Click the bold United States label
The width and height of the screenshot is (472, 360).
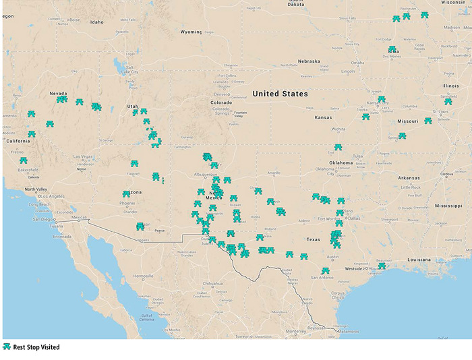click(280, 94)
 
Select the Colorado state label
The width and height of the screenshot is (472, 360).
click(222, 102)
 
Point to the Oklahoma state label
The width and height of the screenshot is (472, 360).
click(341, 162)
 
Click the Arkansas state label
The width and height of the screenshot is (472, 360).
click(408, 178)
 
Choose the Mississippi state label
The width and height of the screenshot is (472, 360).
click(448, 205)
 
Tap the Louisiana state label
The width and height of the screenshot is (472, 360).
click(419, 260)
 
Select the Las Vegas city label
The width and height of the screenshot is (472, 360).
click(84, 157)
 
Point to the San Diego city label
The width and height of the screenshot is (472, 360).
click(45, 219)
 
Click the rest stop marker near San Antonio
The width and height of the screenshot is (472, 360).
click(326, 271)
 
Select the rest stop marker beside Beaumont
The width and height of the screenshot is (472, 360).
click(382, 266)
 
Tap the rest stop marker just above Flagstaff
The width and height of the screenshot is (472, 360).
click(135, 163)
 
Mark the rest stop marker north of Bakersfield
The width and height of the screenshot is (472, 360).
click(24, 160)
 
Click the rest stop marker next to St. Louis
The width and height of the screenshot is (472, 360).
click(427, 121)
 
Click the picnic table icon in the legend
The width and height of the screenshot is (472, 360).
click(7, 347)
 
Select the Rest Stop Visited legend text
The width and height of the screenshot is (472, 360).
click(36, 347)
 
